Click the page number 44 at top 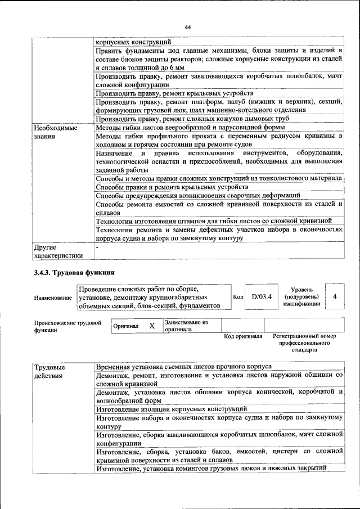click(x=188, y=27)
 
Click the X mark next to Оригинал click(x=152, y=326)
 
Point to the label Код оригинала click(x=243, y=336)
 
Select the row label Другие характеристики click(x=58, y=251)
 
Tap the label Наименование click(x=53, y=297)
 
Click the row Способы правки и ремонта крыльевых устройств click(x=172, y=187)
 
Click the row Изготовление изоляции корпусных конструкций click(x=172, y=409)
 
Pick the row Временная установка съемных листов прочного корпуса click(x=184, y=366)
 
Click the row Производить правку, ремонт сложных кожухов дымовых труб click(x=192, y=119)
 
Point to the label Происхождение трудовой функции click(x=67, y=326)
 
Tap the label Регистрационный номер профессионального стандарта click(x=304, y=343)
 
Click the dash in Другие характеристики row click(x=97, y=246)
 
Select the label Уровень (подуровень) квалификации click(x=301, y=296)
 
